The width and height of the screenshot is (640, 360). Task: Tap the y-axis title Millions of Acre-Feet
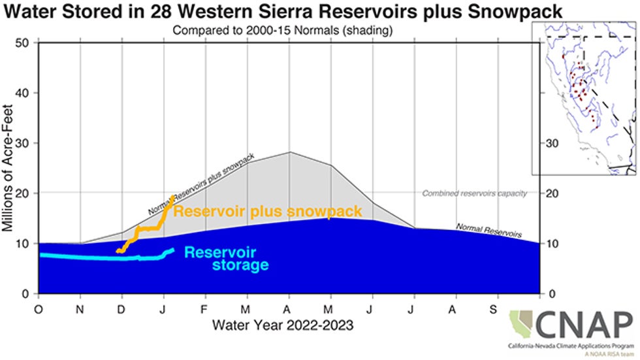9,169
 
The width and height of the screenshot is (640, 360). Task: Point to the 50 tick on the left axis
27,43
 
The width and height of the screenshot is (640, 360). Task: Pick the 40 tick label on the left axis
27,93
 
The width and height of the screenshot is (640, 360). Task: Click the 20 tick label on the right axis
551,193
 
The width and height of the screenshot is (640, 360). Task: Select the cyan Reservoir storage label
226,259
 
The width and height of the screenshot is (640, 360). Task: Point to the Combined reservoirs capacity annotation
474,193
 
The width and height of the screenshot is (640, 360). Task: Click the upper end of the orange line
173,197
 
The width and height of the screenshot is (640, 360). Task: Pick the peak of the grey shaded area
289,152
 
